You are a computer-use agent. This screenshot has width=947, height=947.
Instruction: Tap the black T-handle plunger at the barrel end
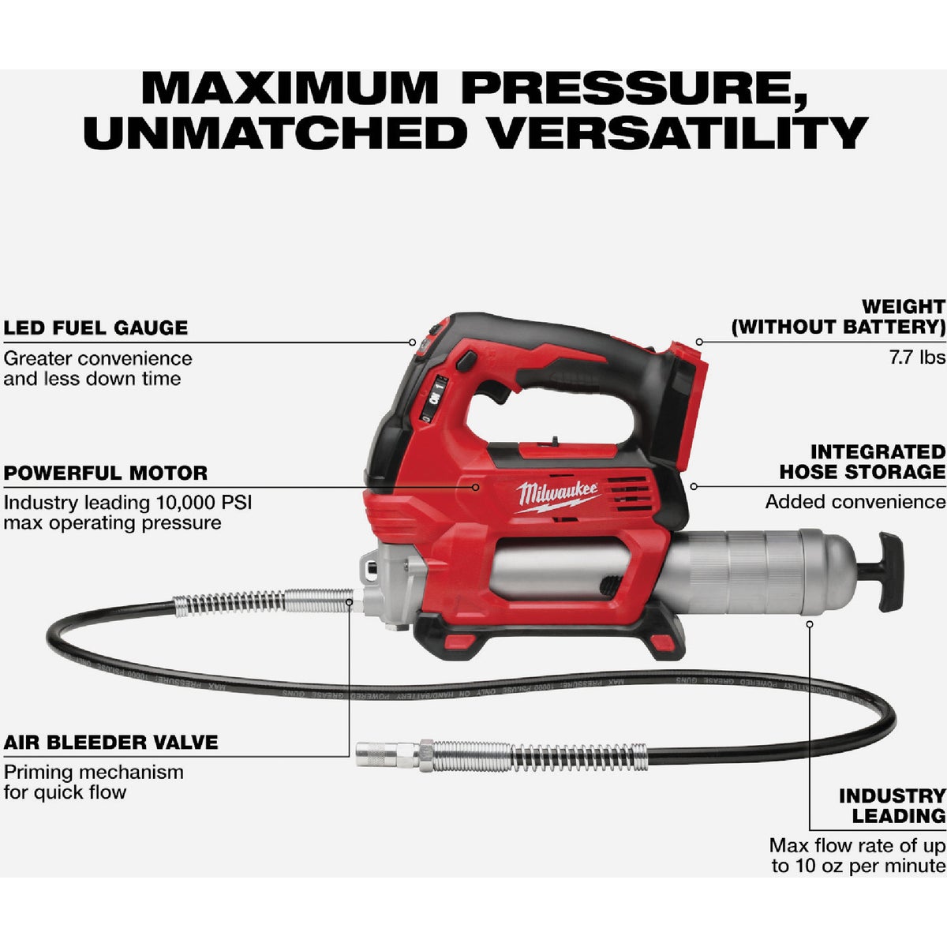[890, 571]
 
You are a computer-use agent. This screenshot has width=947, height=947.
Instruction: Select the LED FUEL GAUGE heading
[95, 328]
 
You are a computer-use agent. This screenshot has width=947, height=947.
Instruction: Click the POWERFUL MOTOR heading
[106, 473]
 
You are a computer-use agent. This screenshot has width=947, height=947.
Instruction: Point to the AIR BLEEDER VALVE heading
[110, 742]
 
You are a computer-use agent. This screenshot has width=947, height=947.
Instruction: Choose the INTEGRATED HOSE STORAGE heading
[863, 462]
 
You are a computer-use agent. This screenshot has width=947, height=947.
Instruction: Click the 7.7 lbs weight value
[916, 357]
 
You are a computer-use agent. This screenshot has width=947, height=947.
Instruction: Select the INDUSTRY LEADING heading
[892, 806]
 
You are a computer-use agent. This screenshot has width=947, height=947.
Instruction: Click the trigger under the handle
[496, 392]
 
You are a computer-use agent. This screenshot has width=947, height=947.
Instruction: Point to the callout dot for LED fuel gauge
[412, 342]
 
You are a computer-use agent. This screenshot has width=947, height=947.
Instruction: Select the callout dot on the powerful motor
[476, 487]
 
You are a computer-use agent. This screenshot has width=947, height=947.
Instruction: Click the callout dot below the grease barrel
[810, 623]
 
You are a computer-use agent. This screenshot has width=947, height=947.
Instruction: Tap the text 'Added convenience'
[855, 502]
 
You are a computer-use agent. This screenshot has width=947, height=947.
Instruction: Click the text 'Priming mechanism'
[93, 772]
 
